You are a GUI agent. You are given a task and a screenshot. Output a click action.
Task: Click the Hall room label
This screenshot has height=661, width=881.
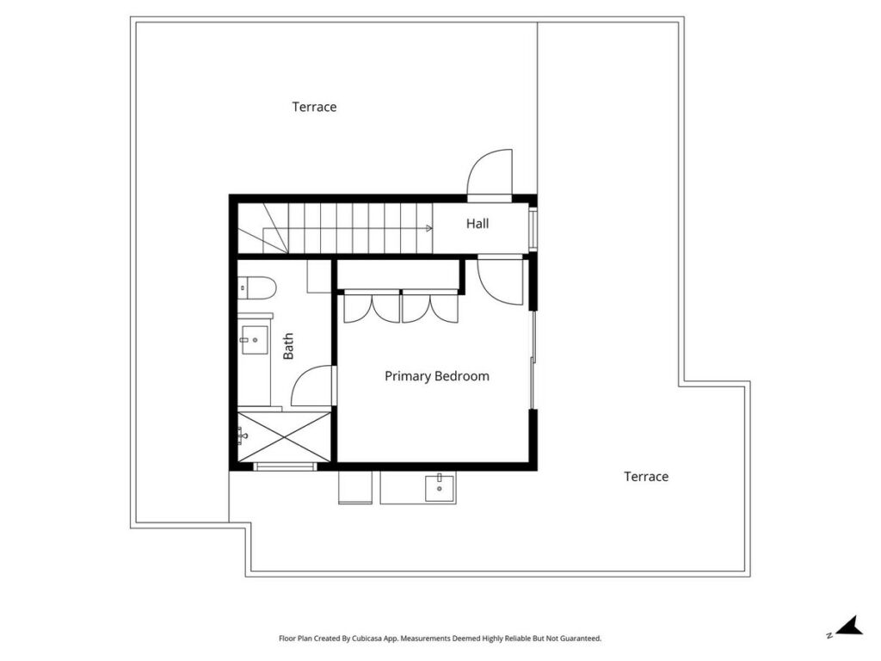[477, 224]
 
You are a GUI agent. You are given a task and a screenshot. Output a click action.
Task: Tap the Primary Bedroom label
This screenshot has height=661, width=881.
[436, 376]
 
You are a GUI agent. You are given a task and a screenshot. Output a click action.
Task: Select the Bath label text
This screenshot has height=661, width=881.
[287, 346]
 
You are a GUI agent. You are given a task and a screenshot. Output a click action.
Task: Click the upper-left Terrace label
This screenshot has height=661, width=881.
[314, 107]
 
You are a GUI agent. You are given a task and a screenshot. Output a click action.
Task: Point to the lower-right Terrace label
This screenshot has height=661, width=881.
[646, 477]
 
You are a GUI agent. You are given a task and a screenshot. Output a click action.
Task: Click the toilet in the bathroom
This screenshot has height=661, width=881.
[256, 287]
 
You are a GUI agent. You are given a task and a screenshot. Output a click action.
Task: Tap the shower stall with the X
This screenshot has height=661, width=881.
[284, 437]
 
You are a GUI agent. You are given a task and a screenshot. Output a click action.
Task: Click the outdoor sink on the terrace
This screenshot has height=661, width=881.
[440, 487]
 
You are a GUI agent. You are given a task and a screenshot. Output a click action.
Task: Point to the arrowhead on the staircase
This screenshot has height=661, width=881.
[429, 228]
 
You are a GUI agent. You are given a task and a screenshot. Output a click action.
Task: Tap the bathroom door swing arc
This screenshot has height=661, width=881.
[312, 386]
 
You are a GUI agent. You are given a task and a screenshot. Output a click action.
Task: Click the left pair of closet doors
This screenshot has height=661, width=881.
[372, 308]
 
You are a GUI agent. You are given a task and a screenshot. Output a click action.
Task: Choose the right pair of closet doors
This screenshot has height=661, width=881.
[430, 308]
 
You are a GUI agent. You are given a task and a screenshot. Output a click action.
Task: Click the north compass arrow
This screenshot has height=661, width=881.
[849, 626]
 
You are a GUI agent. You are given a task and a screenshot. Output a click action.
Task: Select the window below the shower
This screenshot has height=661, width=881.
[285, 466]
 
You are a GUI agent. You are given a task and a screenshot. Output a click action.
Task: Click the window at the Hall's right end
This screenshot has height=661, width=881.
[533, 227]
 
